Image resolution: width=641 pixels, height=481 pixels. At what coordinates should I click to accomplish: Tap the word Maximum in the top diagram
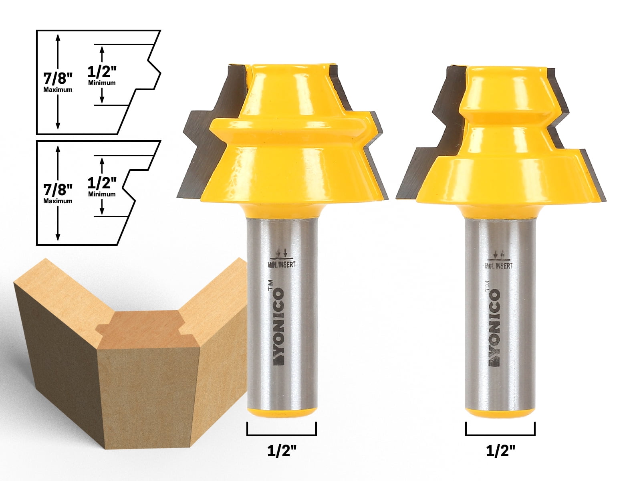click(58, 89)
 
